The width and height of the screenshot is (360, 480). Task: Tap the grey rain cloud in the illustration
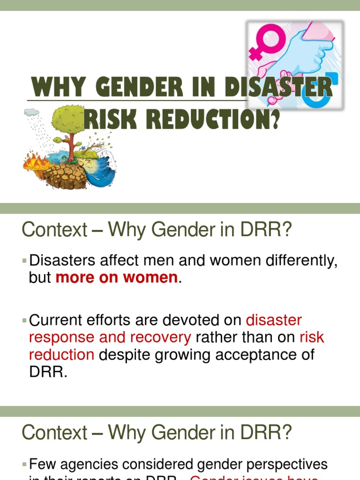pos(32,112)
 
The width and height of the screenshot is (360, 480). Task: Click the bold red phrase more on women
pos(116,277)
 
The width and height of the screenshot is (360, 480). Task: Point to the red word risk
pos(312,337)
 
